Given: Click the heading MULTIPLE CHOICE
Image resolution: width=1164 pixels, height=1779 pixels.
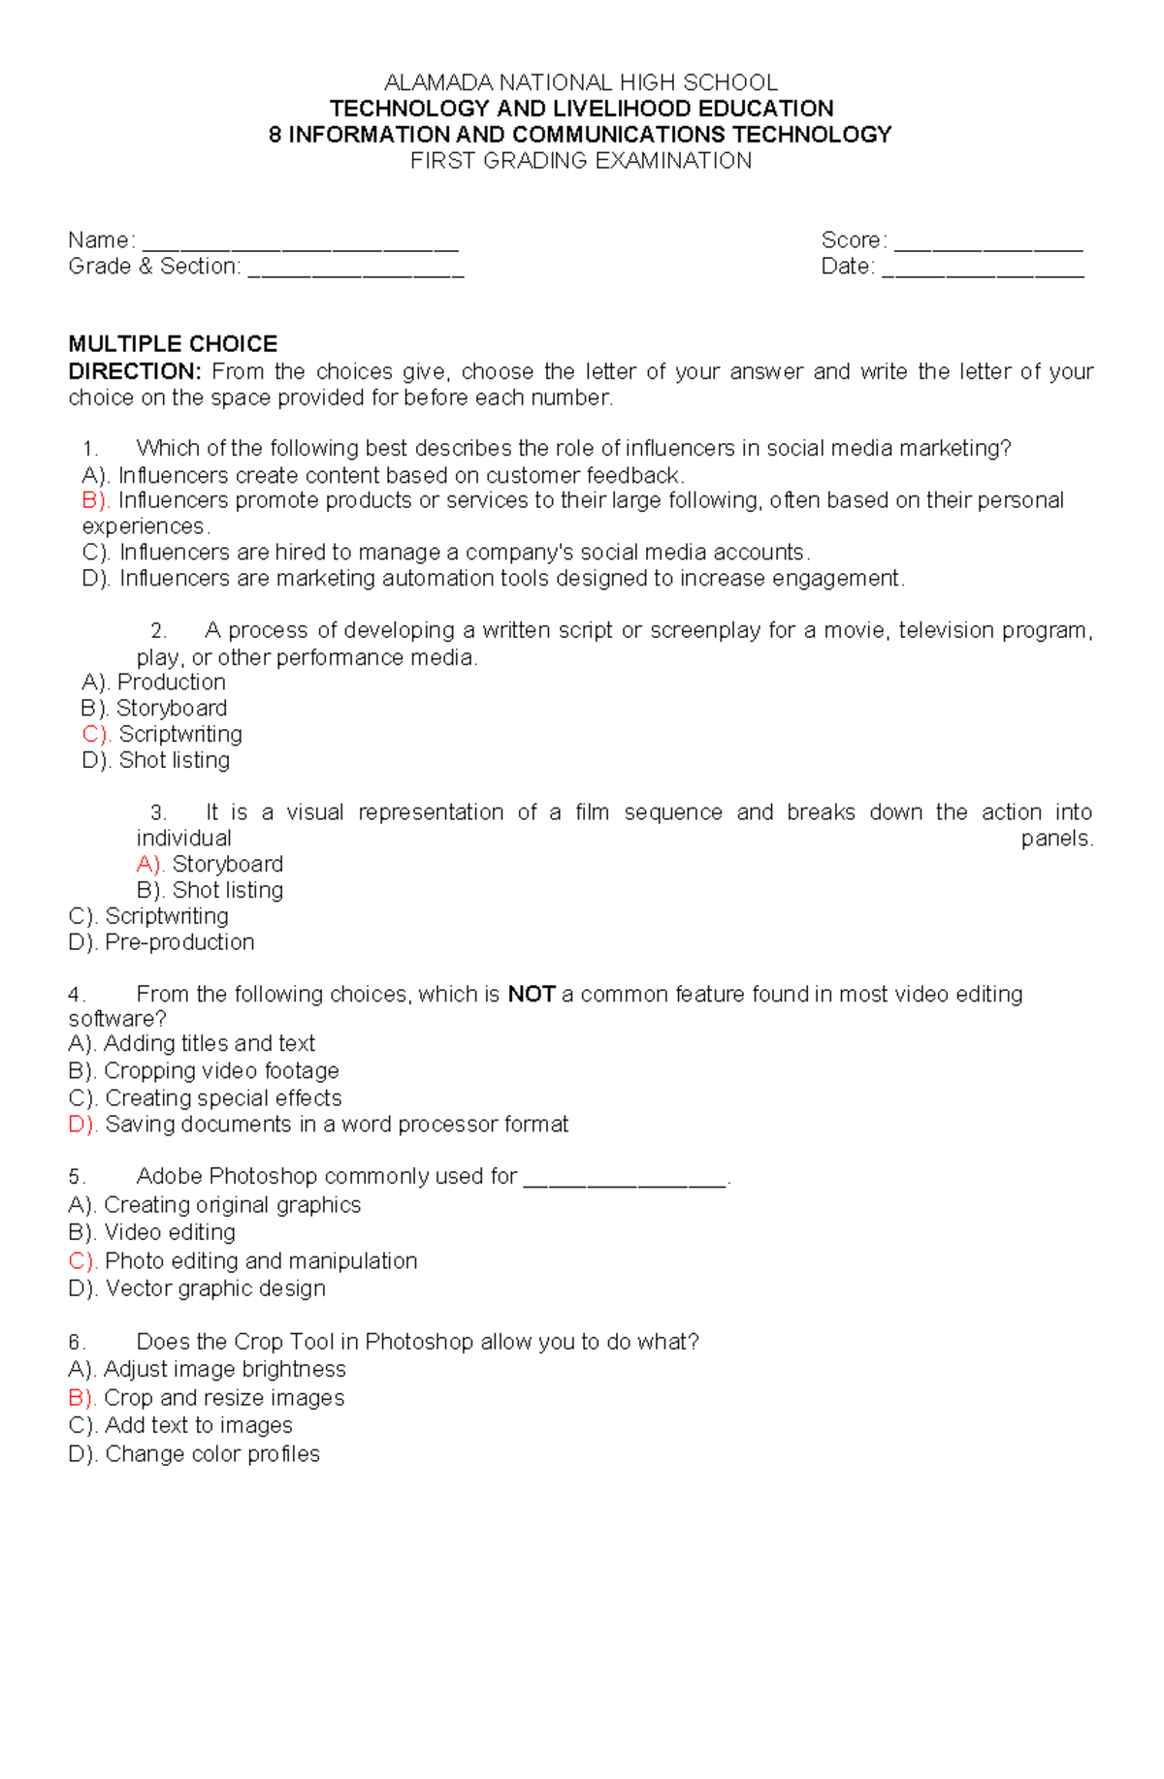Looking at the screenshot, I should coord(173,344).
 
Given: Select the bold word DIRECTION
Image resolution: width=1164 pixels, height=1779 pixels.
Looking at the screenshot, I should coord(134,371).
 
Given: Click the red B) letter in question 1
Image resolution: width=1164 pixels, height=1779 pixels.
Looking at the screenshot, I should coord(96,500).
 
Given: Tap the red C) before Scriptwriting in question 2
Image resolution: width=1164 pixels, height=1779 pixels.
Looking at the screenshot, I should coord(96,734).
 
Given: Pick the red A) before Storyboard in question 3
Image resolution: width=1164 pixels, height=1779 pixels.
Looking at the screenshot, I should coord(150,864).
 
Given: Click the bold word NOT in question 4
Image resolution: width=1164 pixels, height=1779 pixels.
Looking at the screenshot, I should coord(531,994).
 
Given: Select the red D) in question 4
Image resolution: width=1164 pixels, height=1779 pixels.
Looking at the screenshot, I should coord(82,1125).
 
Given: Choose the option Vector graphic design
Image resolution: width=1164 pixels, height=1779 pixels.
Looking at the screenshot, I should coord(215,1288).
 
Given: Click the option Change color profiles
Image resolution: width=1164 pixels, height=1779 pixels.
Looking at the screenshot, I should coord(212,1454).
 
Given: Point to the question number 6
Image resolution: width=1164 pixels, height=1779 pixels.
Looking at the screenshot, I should coord(76,1343).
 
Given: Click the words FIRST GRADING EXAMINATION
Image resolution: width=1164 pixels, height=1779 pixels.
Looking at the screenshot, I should coord(580,161).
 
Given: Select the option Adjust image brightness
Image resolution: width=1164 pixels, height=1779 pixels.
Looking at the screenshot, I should coord(224,1369).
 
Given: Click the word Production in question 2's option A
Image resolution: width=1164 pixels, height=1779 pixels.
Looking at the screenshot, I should coord(172,683).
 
